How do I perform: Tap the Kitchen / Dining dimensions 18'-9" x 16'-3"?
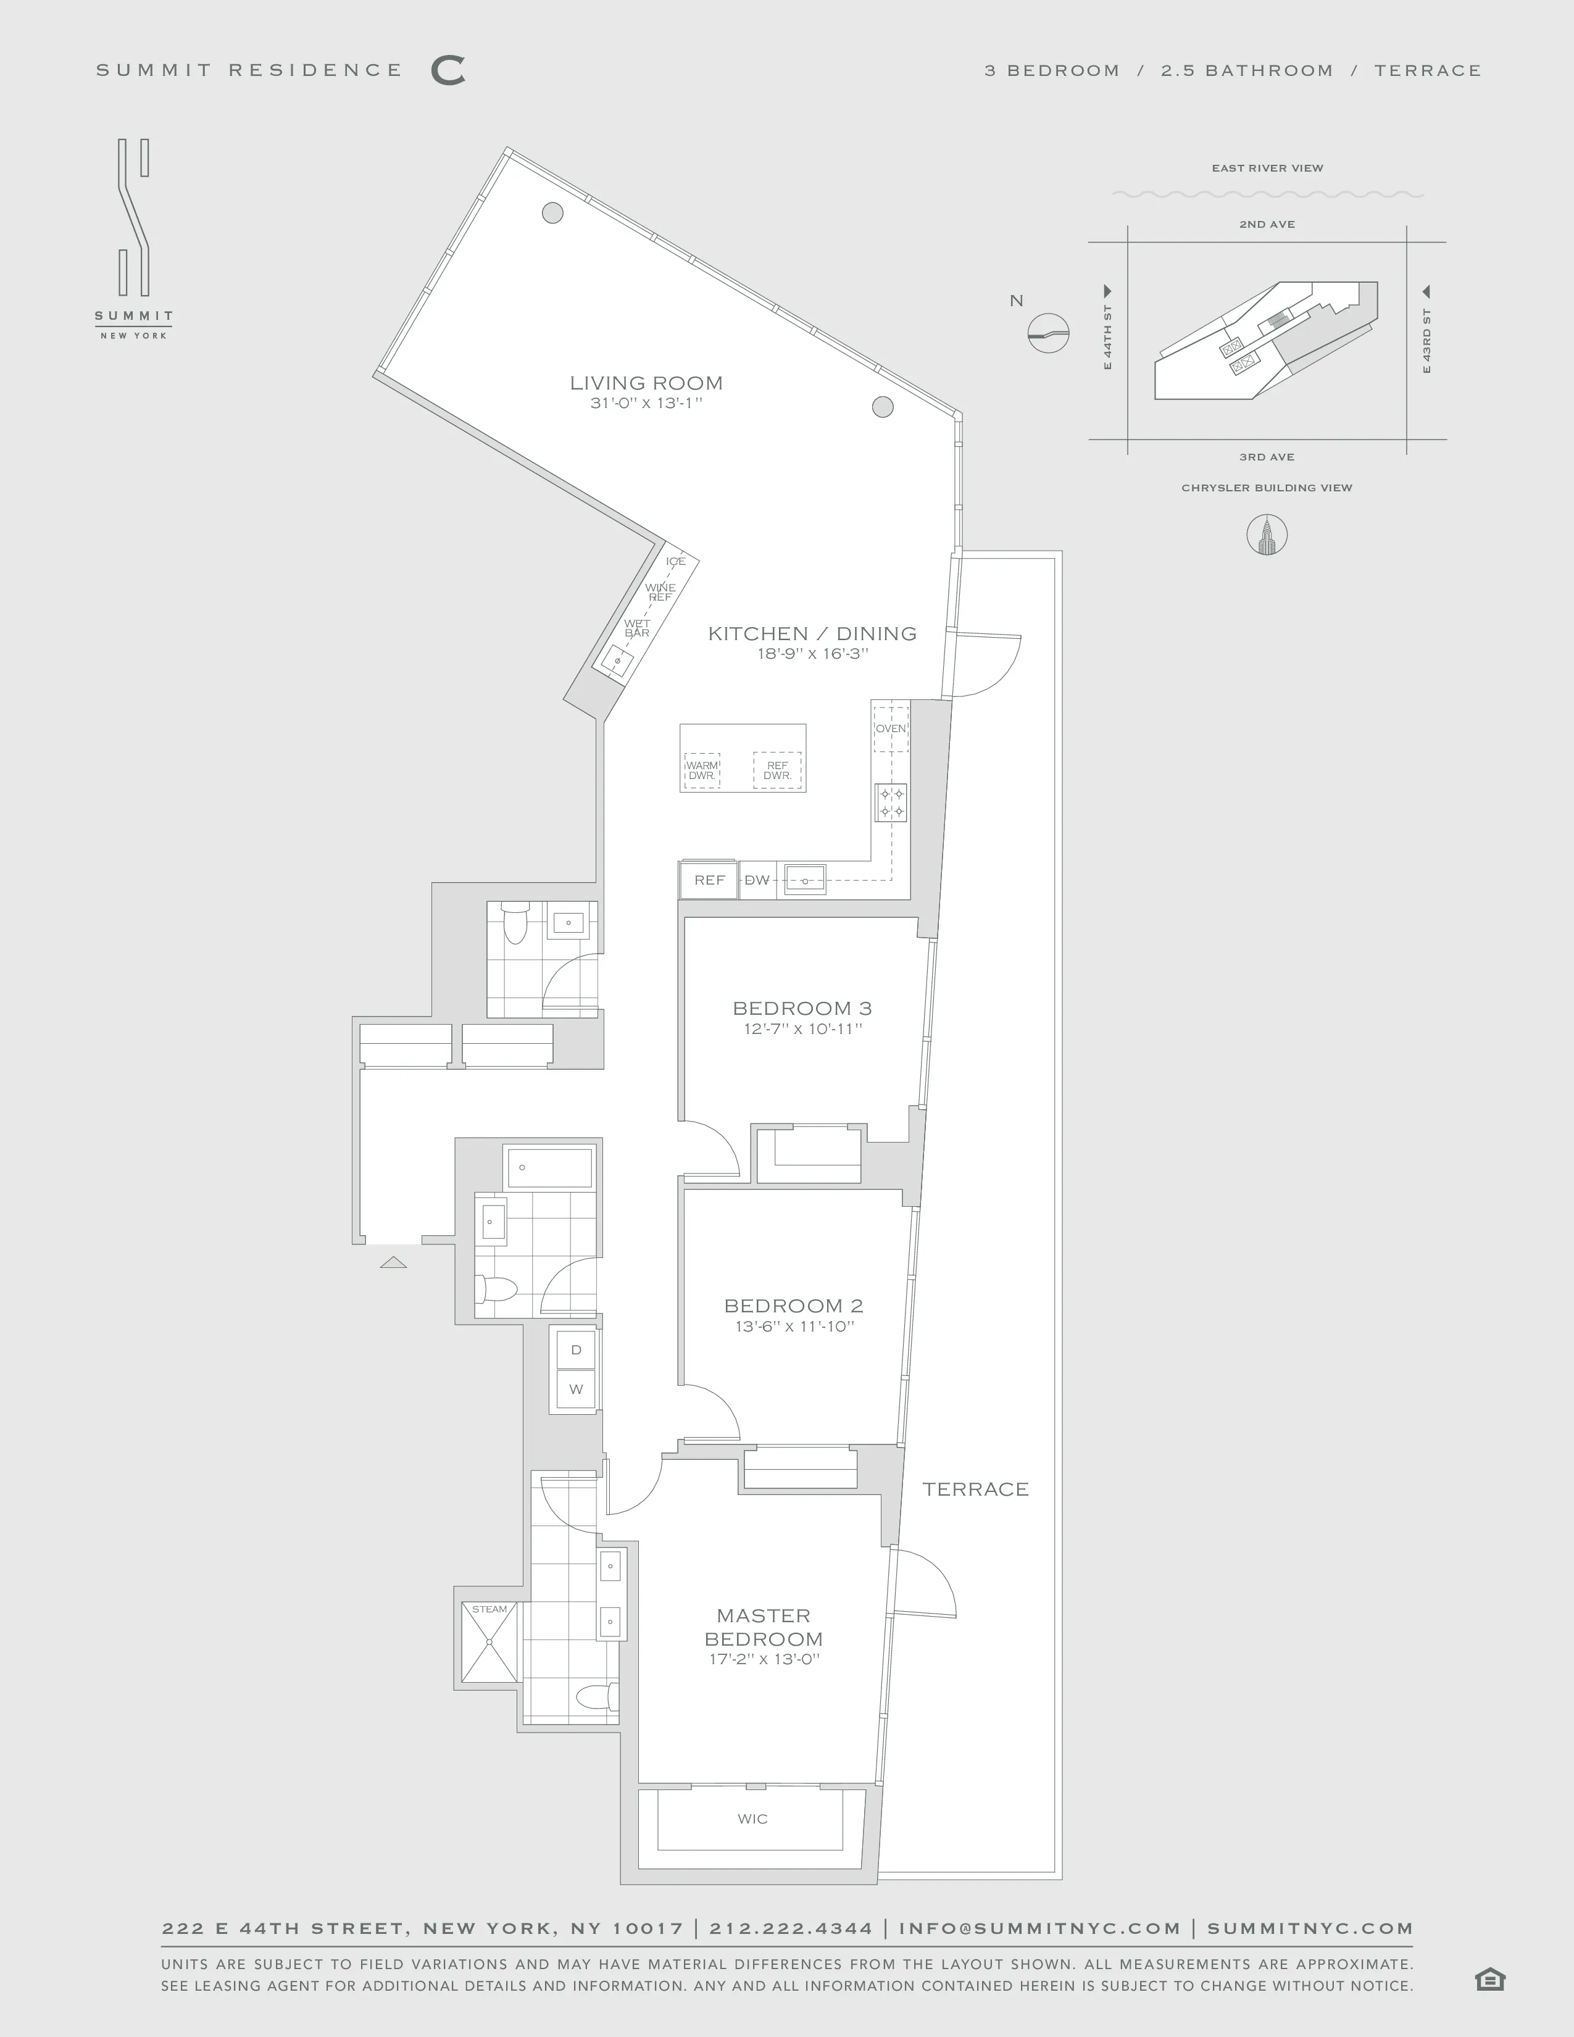812,654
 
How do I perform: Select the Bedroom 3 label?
802,1007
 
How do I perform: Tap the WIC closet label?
752,1818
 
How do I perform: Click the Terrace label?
975,1489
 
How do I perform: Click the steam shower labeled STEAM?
489,1641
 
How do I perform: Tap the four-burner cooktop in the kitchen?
891,802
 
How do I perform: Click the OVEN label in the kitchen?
891,728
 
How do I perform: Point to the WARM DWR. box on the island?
702,770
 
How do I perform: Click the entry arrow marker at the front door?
394,1263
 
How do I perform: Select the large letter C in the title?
448,71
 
